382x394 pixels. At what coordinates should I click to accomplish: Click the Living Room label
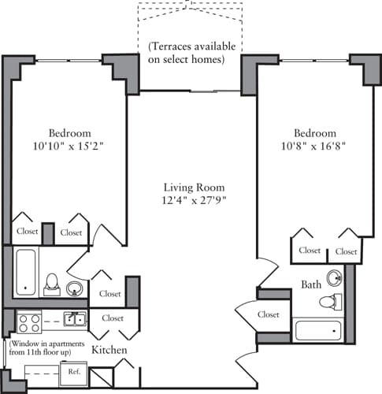tap(194, 188)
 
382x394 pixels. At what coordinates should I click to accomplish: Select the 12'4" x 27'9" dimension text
tap(194, 201)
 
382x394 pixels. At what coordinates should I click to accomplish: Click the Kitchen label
tap(109, 349)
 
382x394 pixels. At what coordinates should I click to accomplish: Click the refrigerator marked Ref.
tap(74, 371)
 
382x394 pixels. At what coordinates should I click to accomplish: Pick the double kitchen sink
tap(76, 319)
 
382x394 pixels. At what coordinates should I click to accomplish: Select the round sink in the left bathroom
tap(75, 288)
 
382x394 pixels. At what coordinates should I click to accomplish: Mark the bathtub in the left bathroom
tap(26, 272)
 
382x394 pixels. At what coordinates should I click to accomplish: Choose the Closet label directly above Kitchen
tap(112, 318)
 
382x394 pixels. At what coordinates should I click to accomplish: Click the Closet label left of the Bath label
tap(269, 314)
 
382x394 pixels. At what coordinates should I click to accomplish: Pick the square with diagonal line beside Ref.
tap(101, 378)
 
